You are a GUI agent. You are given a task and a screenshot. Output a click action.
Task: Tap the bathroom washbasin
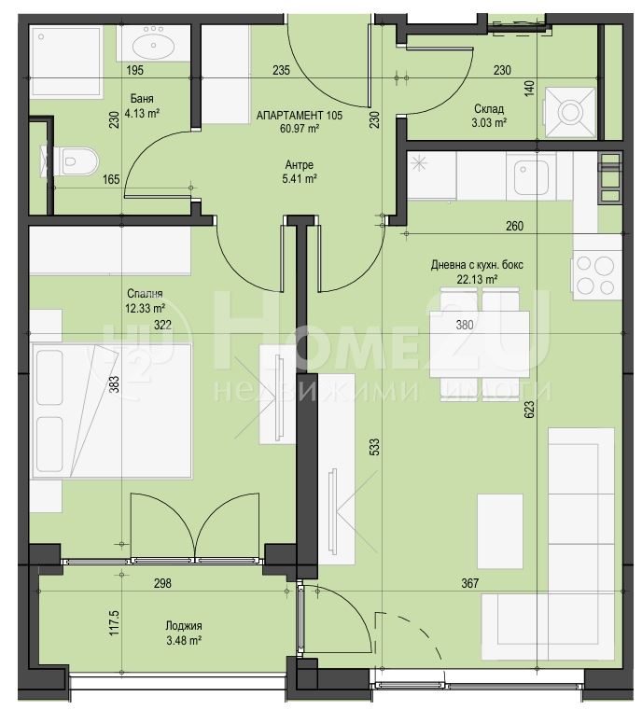[x=154, y=43]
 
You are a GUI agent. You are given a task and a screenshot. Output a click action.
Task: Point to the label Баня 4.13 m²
[x=142, y=106]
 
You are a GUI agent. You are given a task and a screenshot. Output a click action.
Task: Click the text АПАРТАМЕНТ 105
[x=300, y=115]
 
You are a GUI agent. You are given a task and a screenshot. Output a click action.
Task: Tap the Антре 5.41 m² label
[x=300, y=172]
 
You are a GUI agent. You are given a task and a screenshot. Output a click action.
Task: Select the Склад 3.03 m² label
[x=489, y=116]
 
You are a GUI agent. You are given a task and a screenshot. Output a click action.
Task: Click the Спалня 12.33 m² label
[x=145, y=300]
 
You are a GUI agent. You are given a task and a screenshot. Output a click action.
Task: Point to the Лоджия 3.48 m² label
[x=184, y=633]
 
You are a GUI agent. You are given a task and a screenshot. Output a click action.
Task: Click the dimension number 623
[x=530, y=409]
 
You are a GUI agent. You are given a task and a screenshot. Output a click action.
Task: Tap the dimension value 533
[x=375, y=447]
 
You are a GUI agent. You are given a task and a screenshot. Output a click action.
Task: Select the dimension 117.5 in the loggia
[x=114, y=622]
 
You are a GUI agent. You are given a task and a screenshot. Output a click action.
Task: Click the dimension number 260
[x=514, y=226]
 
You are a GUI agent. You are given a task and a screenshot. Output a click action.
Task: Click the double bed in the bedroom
[x=111, y=411]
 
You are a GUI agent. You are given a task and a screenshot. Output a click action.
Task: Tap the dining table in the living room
[x=480, y=344]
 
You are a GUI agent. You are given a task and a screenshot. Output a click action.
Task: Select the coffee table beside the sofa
[x=500, y=531]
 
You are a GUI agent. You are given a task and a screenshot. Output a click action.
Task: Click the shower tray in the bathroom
[x=66, y=62]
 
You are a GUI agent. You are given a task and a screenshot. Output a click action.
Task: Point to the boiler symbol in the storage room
[x=570, y=112]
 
